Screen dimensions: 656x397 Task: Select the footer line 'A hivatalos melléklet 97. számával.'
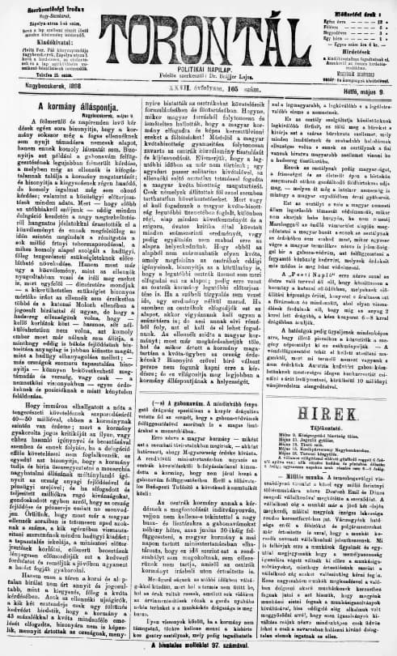coord(199,648)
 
